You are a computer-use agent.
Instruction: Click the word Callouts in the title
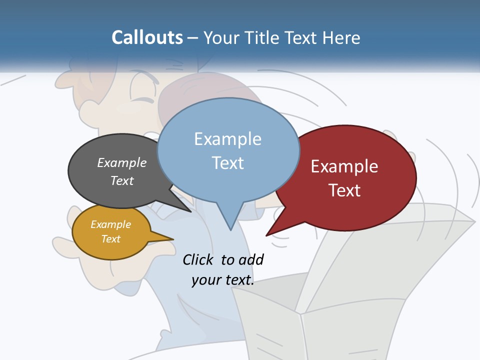coord(147,37)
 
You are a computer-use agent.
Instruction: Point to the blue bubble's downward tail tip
coord(230,229)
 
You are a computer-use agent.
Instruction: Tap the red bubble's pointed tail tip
coord(266,235)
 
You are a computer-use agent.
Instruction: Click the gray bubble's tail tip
coord(191,212)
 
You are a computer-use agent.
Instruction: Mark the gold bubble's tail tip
coord(173,238)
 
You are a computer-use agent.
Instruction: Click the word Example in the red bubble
coord(344,166)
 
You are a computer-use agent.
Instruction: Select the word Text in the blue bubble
coord(228,163)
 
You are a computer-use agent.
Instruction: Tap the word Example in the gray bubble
coord(122,162)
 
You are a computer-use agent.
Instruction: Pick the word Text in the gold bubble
coord(111,239)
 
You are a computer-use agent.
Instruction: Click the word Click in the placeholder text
coord(198,260)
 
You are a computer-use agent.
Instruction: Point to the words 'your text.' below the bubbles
coord(223,280)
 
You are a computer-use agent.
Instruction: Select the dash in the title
coord(193,38)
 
